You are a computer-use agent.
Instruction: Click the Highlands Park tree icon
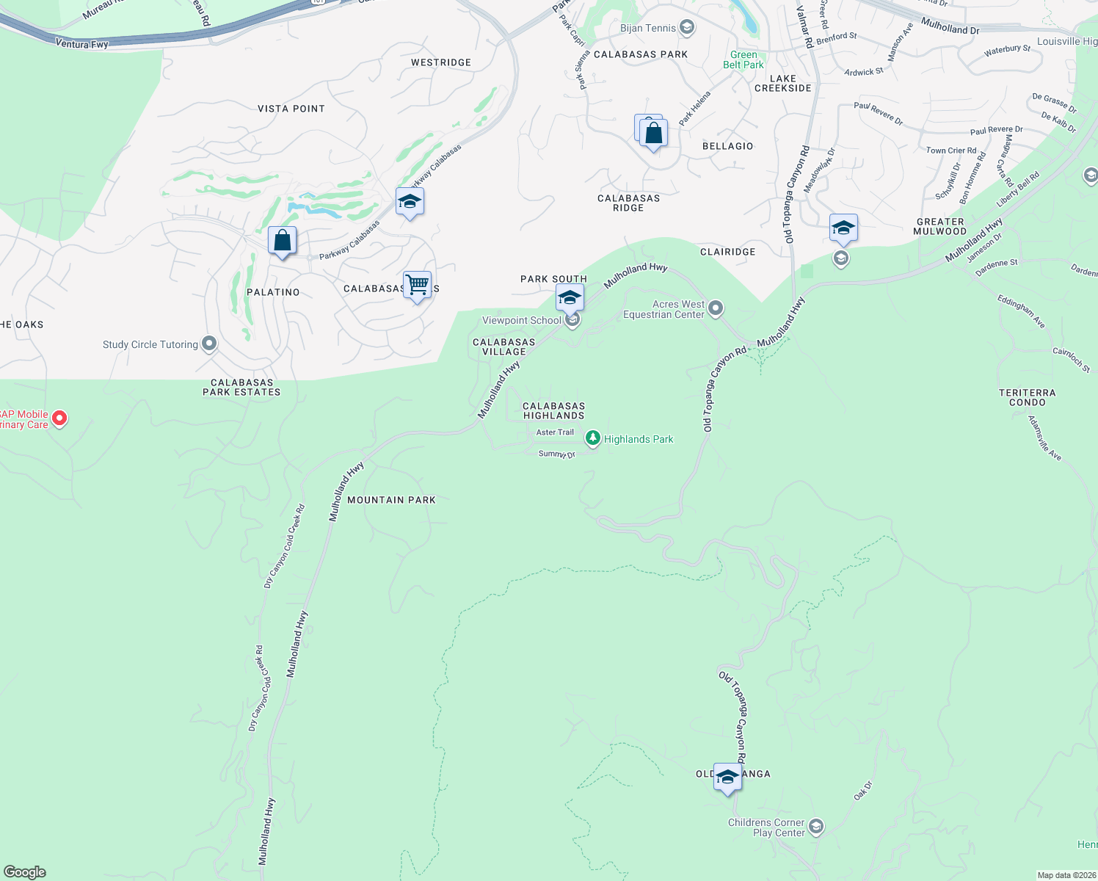592,438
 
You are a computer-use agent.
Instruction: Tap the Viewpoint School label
521,320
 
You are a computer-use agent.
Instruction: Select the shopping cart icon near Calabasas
417,285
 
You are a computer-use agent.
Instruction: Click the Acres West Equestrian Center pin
716,308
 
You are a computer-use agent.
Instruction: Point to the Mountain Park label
391,500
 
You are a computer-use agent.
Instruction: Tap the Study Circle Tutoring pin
209,344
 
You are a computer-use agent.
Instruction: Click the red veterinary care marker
59,418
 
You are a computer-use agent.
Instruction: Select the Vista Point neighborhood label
291,109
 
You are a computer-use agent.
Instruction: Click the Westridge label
441,62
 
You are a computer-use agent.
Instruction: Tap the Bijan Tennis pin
687,28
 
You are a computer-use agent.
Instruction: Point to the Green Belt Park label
743,60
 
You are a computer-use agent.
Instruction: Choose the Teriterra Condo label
1027,398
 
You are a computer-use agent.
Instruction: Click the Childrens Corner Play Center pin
815,827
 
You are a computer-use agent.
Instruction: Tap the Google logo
25,872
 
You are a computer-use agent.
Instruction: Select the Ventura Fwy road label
81,44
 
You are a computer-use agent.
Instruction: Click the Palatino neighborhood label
273,292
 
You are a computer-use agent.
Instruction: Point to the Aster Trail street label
555,432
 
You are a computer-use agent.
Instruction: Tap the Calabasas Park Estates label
241,388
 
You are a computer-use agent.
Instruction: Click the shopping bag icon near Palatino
282,240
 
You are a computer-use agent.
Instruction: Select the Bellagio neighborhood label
727,146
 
